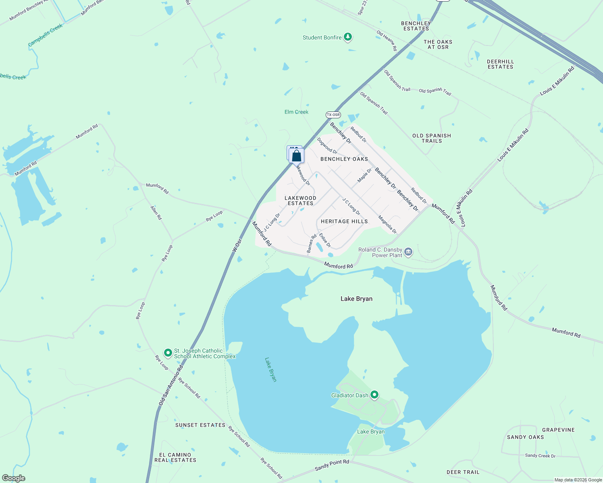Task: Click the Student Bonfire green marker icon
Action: (x=348, y=37)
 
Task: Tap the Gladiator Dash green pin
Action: (x=374, y=395)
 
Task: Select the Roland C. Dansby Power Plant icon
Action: (x=408, y=252)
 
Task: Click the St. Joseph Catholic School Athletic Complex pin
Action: (x=168, y=353)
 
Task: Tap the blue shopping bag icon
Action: (x=296, y=155)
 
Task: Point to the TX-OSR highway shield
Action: (x=333, y=115)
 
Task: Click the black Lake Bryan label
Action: (x=356, y=299)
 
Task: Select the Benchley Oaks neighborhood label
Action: (x=344, y=159)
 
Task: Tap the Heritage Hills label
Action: (x=344, y=221)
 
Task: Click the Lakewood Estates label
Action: (x=300, y=200)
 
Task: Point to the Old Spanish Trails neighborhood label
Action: (x=432, y=138)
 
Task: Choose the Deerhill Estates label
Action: (x=500, y=64)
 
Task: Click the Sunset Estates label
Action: (x=200, y=425)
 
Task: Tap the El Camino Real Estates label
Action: (x=175, y=457)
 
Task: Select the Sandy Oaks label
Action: (x=525, y=437)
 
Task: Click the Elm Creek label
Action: (x=296, y=112)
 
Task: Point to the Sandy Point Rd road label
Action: (x=332, y=465)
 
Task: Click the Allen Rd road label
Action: (x=156, y=212)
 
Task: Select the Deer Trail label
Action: (x=463, y=472)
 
